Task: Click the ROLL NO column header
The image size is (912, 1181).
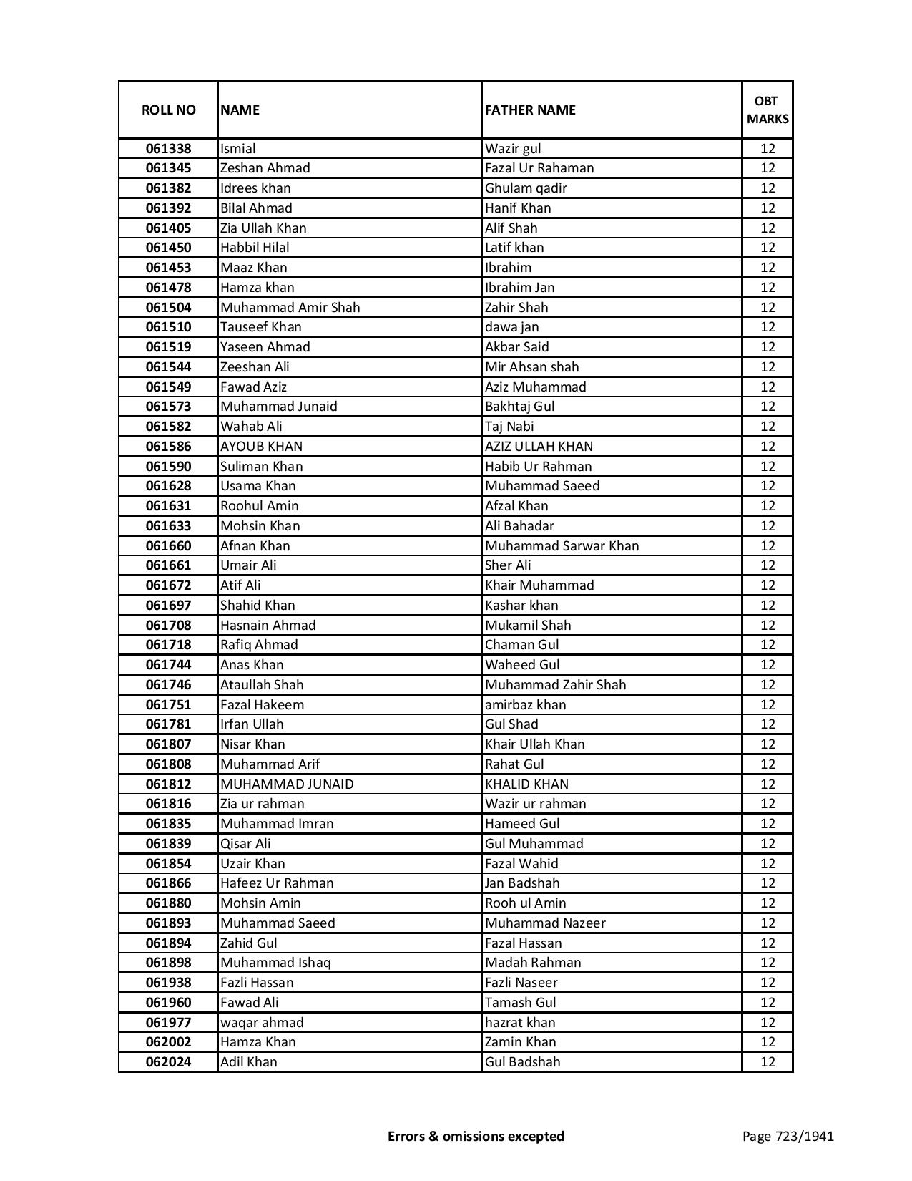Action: click(168, 110)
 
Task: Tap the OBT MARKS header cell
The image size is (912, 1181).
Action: click(768, 110)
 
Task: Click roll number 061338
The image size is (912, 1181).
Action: click(168, 149)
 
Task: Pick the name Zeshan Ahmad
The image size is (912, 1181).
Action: click(265, 168)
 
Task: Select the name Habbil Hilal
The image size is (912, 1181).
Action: click(255, 248)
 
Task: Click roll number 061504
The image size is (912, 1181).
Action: click(168, 308)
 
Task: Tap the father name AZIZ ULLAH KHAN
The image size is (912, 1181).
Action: click(539, 447)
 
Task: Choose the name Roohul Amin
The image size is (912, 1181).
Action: click(260, 506)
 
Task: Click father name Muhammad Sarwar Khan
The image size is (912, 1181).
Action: click(562, 546)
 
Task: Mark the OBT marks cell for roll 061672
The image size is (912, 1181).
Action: click(768, 585)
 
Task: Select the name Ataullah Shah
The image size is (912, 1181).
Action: click(262, 685)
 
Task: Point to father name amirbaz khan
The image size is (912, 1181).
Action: click(525, 705)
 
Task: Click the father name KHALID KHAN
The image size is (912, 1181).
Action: click(526, 784)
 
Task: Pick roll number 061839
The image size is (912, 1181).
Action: click(168, 844)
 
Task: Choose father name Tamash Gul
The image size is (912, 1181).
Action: click(520, 1003)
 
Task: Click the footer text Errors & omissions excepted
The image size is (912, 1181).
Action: click(476, 1136)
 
